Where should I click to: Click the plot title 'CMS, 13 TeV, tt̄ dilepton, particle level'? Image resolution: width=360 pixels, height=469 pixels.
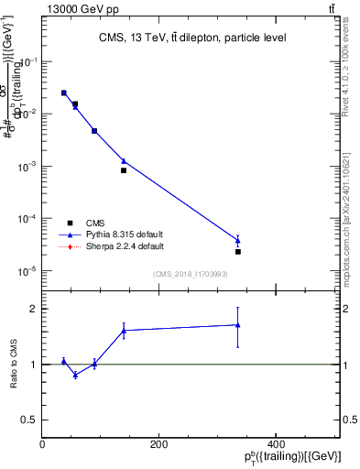click(191, 38)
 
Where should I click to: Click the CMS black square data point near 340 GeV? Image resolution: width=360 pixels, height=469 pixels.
click(238, 251)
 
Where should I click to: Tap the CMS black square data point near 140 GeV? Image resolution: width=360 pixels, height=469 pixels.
click(124, 170)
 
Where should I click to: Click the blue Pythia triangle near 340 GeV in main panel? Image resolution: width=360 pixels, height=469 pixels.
click(238, 241)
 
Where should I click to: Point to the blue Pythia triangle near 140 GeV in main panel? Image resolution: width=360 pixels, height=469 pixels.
click(124, 161)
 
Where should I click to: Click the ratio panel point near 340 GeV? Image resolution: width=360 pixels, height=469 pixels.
click(238, 324)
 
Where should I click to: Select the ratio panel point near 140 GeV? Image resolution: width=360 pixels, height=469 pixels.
click(124, 331)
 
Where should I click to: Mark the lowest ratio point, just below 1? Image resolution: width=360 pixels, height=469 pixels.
click(75, 375)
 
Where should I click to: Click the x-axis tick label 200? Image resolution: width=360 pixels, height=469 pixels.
click(158, 444)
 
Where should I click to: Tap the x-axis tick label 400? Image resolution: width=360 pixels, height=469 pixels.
click(275, 444)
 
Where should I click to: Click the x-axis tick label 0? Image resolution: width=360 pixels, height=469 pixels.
click(43, 444)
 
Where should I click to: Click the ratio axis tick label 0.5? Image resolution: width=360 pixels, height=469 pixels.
click(27, 420)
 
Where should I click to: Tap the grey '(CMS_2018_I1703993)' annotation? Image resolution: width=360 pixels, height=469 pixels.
click(191, 273)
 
